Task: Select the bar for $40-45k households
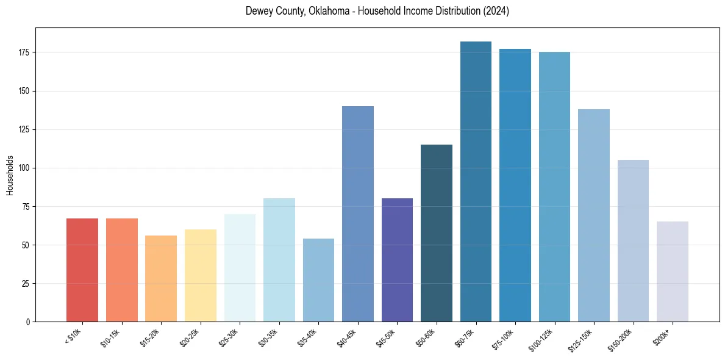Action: pyautogui.click(x=358, y=214)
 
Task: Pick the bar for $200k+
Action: pyautogui.click(x=673, y=272)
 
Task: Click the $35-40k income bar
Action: pyautogui.click(x=318, y=280)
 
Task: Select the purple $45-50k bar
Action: pyautogui.click(x=397, y=260)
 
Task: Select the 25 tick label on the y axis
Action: pyautogui.click(x=26, y=283)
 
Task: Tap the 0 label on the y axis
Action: pyautogui.click(x=28, y=322)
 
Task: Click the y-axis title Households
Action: pyautogui.click(x=10, y=175)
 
